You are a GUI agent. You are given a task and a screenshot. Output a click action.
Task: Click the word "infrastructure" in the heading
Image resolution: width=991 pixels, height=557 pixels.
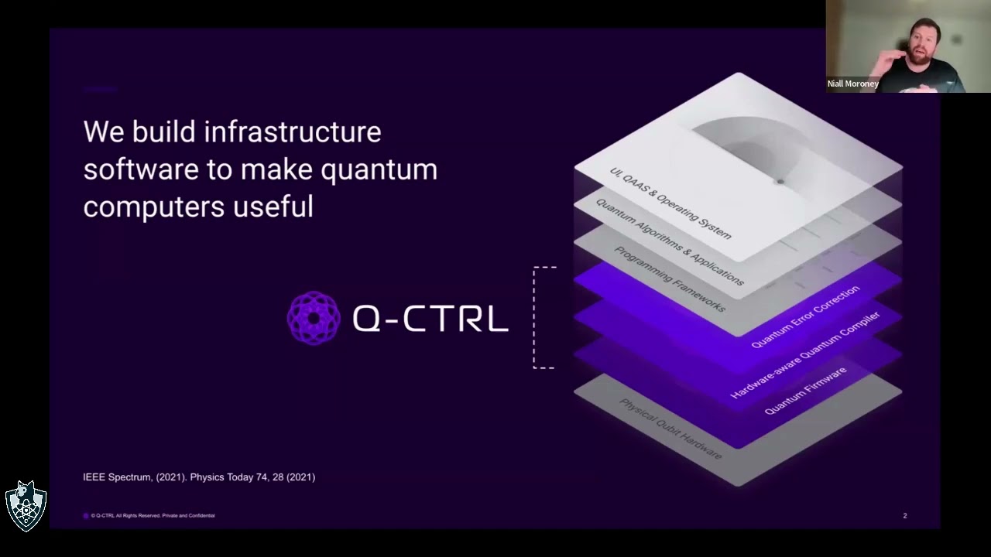(x=293, y=132)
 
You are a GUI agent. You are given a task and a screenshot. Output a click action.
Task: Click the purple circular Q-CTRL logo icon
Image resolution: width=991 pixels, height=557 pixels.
(x=314, y=318)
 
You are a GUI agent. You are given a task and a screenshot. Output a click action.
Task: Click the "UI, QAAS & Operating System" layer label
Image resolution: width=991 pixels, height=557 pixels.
(x=670, y=203)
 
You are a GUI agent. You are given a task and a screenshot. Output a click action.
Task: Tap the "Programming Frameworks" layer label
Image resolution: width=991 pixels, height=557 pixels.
(x=670, y=278)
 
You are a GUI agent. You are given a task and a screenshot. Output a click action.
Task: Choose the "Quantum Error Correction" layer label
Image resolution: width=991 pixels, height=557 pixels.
(x=805, y=316)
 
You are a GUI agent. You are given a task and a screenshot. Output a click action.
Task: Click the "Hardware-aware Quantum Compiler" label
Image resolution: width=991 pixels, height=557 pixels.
(x=805, y=355)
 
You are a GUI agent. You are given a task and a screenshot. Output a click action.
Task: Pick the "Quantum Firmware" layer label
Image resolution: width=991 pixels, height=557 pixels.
(x=805, y=391)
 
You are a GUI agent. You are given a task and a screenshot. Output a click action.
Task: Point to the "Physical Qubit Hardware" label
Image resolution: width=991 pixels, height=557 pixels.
(x=670, y=429)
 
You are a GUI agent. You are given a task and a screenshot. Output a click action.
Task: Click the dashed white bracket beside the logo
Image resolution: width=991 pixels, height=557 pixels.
(x=536, y=317)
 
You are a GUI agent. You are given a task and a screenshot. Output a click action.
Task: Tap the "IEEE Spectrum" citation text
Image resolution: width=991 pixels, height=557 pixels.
(x=117, y=477)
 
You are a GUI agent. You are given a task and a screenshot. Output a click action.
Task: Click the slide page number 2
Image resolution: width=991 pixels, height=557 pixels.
(x=904, y=516)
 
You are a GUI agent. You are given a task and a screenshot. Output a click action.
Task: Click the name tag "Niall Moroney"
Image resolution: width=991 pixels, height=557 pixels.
(x=852, y=84)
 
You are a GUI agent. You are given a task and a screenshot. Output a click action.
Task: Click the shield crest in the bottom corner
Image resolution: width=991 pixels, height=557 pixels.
(x=26, y=506)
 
